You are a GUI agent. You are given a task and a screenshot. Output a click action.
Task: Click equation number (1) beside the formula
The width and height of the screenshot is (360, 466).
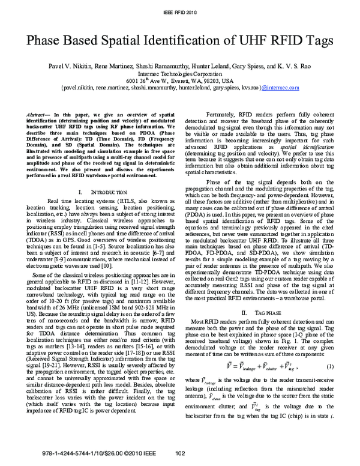pos(329,366)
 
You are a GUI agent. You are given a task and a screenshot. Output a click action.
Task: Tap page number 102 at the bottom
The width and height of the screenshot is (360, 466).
pos(179,453)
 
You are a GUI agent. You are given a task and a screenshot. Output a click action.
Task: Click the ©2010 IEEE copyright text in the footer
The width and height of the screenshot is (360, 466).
pos(124,453)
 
